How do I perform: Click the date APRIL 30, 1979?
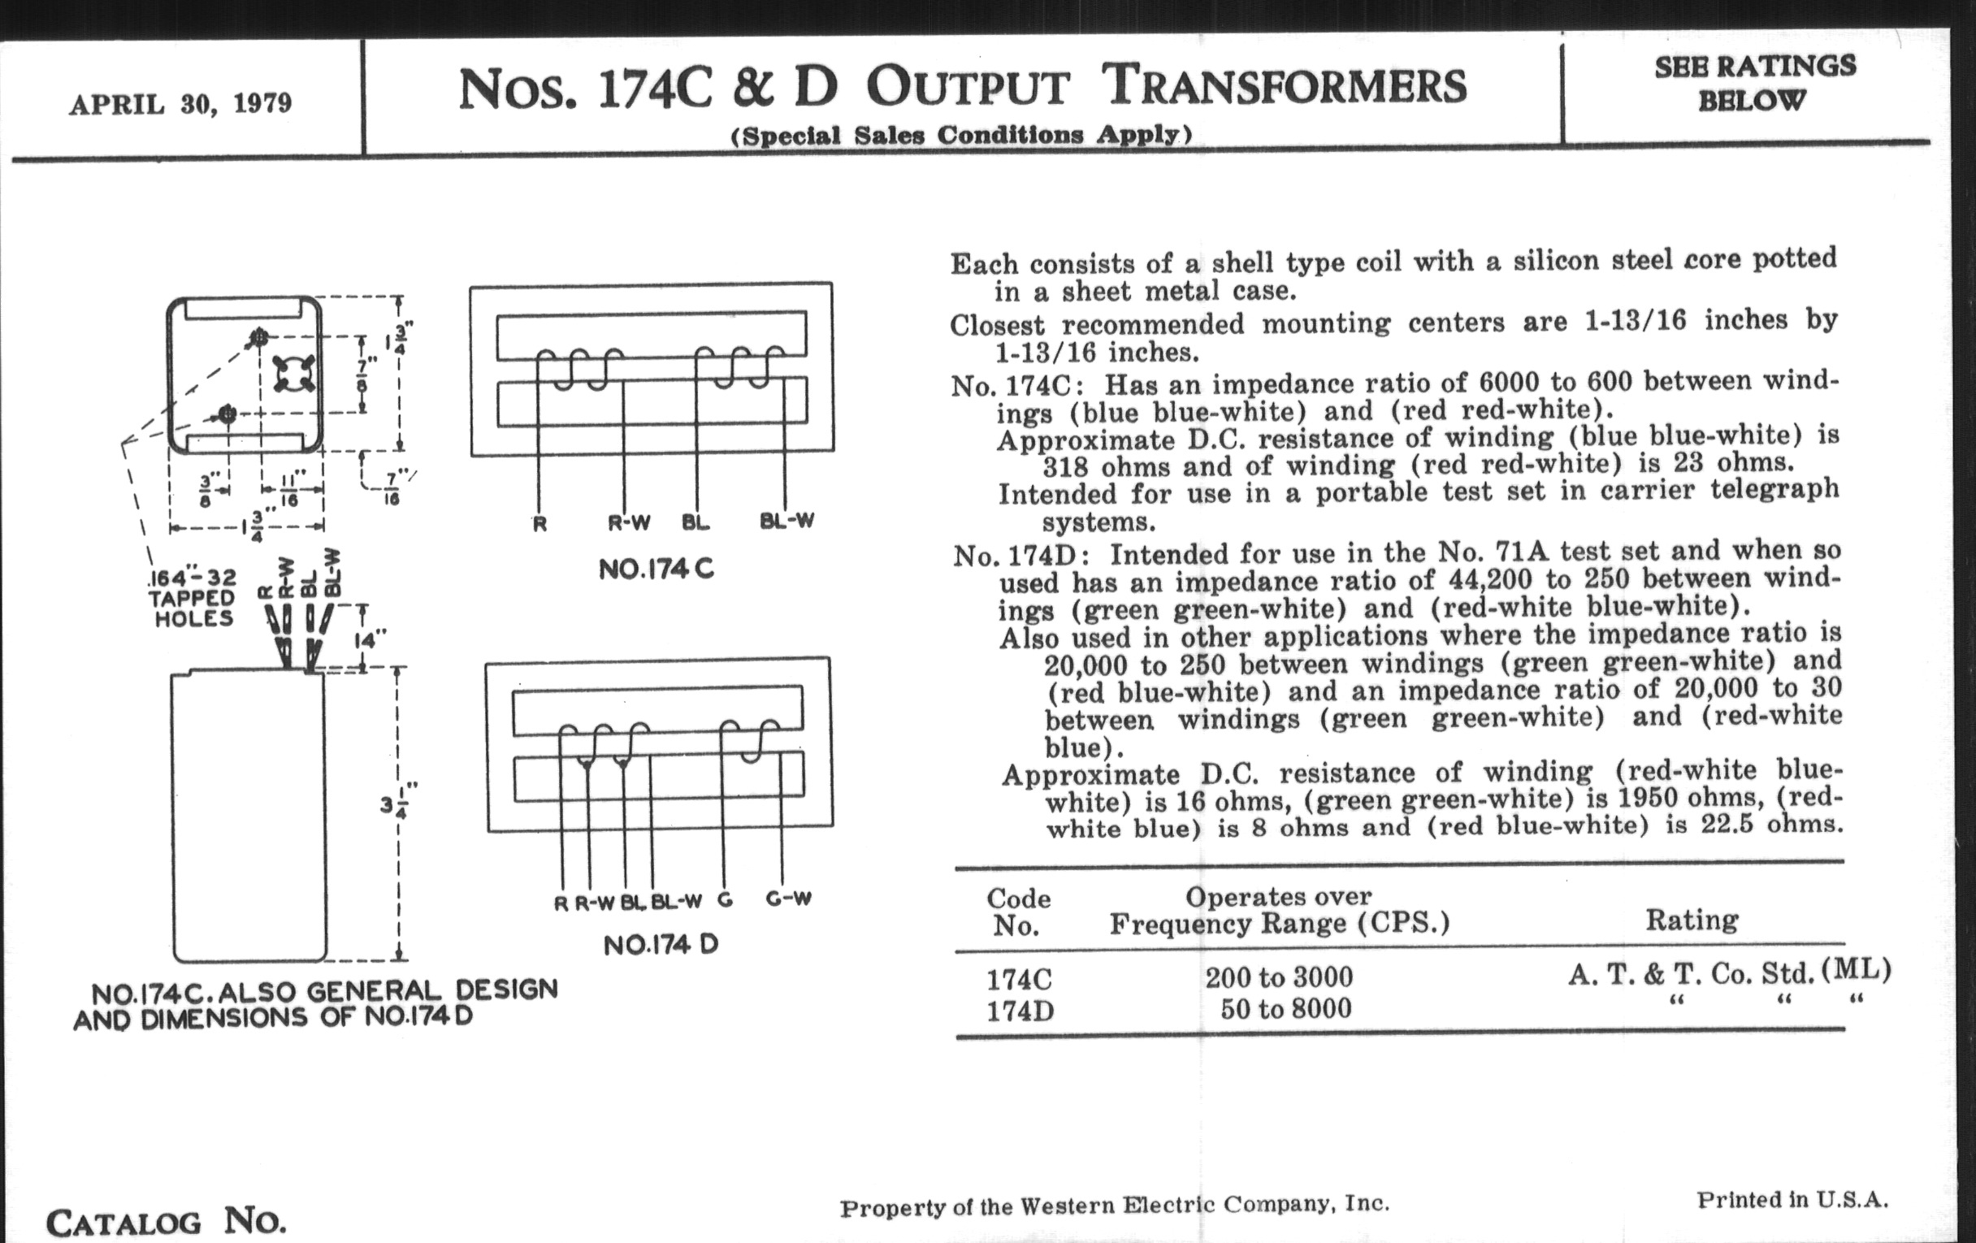click(x=180, y=104)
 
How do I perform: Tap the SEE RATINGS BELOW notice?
click(x=1754, y=83)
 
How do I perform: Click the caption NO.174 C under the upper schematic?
click(x=656, y=569)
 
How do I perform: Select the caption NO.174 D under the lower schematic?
click(x=661, y=945)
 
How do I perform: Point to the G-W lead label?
click(x=789, y=899)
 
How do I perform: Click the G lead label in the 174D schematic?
click(x=725, y=900)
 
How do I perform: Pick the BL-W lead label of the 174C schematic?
click(x=787, y=521)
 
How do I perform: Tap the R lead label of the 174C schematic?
click(x=539, y=523)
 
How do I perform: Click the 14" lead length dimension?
click(x=370, y=639)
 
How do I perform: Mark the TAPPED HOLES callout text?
click(x=192, y=608)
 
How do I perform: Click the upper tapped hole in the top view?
click(x=259, y=336)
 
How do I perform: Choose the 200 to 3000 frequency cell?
click(x=1279, y=977)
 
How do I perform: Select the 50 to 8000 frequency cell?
click(x=1285, y=1008)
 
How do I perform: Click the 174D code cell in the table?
click(x=1020, y=1011)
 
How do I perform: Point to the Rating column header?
click(x=1692, y=920)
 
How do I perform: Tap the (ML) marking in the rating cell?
click(x=1857, y=971)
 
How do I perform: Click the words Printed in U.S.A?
click(x=1792, y=1199)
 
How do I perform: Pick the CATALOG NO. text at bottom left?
click(x=167, y=1222)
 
